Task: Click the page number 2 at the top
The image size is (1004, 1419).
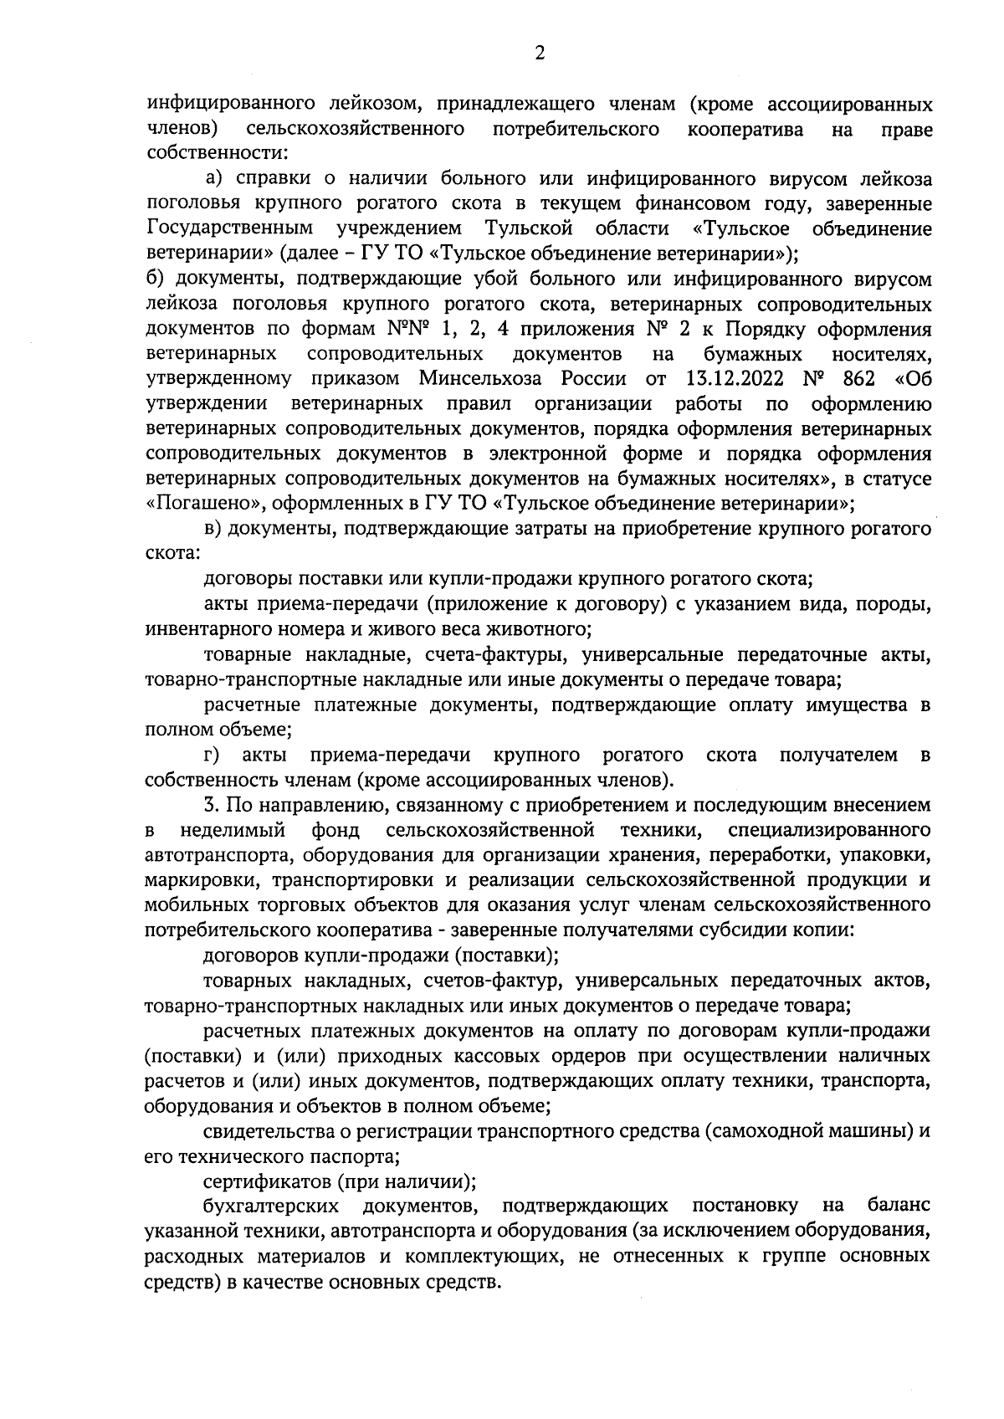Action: (x=539, y=53)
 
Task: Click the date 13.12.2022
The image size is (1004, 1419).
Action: (x=728, y=378)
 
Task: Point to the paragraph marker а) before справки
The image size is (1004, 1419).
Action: (x=214, y=178)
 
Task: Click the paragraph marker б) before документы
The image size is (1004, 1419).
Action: (x=154, y=279)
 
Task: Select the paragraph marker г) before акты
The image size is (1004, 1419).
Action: (x=212, y=756)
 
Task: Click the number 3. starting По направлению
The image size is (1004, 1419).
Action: (x=210, y=806)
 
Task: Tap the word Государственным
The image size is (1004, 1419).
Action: (x=230, y=228)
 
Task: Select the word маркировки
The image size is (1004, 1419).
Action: (x=198, y=881)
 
